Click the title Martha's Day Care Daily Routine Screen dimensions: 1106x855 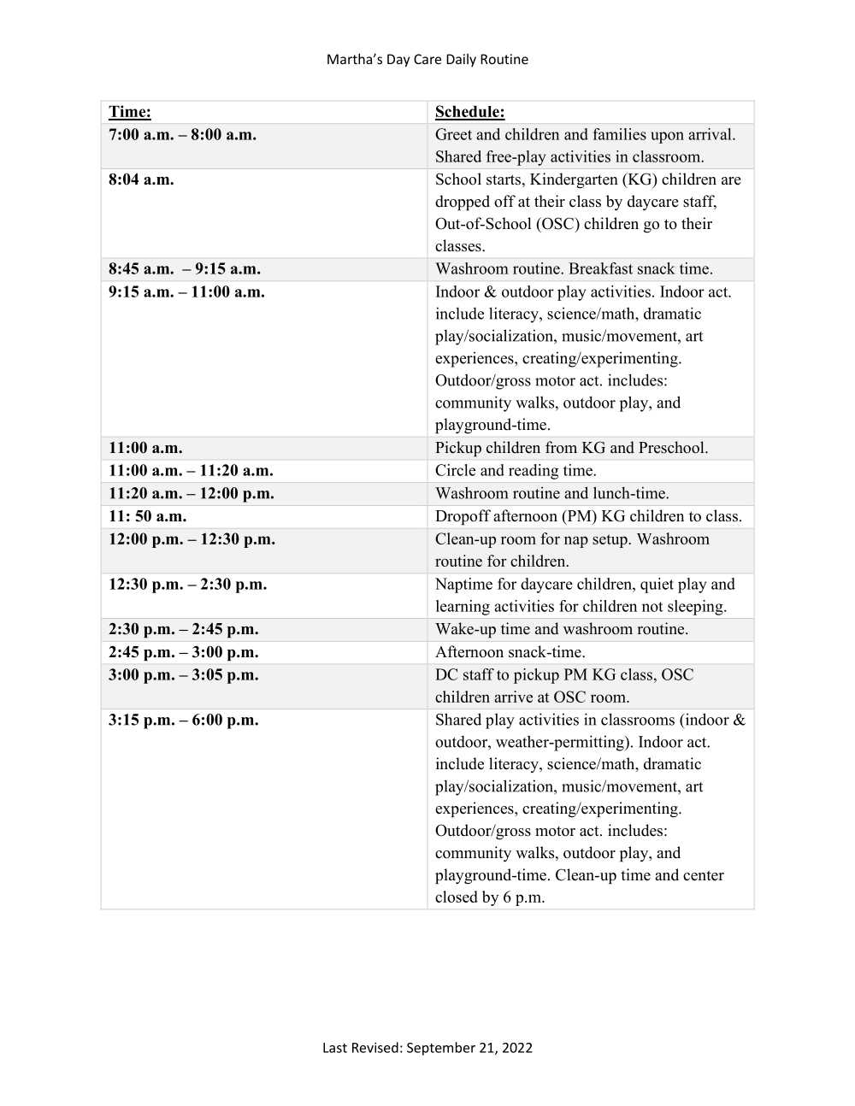point(427,59)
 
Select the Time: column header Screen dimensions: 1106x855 point(130,112)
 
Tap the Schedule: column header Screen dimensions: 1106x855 point(469,112)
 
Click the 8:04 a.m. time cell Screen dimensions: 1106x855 point(141,179)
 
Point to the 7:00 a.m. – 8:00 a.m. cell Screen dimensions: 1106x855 point(182,135)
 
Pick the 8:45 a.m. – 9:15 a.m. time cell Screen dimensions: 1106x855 point(185,268)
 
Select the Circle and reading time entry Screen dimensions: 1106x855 point(516,470)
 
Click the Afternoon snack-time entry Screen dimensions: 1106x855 point(510,652)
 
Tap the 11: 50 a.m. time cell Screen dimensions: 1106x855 point(147,516)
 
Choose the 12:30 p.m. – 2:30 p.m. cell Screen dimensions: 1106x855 point(187,585)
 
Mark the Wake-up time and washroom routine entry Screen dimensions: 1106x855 point(561,629)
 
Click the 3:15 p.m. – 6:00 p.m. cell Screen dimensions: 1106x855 point(183,720)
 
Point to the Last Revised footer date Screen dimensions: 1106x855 point(427,1047)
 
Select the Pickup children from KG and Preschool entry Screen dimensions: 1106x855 point(571,448)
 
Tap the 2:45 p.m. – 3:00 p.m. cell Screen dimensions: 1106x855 point(183,652)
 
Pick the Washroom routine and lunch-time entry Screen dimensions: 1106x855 point(551,493)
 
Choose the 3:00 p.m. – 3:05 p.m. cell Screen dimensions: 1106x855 point(183,675)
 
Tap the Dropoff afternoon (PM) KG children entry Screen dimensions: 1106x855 point(588,516)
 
